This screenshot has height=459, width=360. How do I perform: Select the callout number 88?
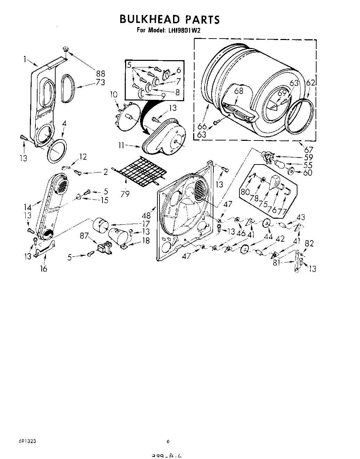pyautogui.click(x=101, y=73)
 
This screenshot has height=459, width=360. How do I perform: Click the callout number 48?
pyautogui.click(x=146, y=216)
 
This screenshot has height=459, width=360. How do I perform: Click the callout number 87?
pyautogui.click(x=84, y=236)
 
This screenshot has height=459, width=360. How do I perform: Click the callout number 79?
pyautogui.click(x=125, y=194)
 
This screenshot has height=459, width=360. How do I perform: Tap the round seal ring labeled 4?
pyautogui.click(x=56, y=150)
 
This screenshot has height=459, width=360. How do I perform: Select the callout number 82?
pyautogui.click(x=309, y=243)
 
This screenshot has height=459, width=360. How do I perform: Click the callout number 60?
pyautogui.click(x=308, y=172)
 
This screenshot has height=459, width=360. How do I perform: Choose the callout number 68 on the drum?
pyautogui.click(x=239, y=91)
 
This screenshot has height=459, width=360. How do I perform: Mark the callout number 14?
pyautogui.click(x=27, y=208)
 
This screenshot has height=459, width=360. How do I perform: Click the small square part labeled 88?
pyautogui.click(x=65, y=49)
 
